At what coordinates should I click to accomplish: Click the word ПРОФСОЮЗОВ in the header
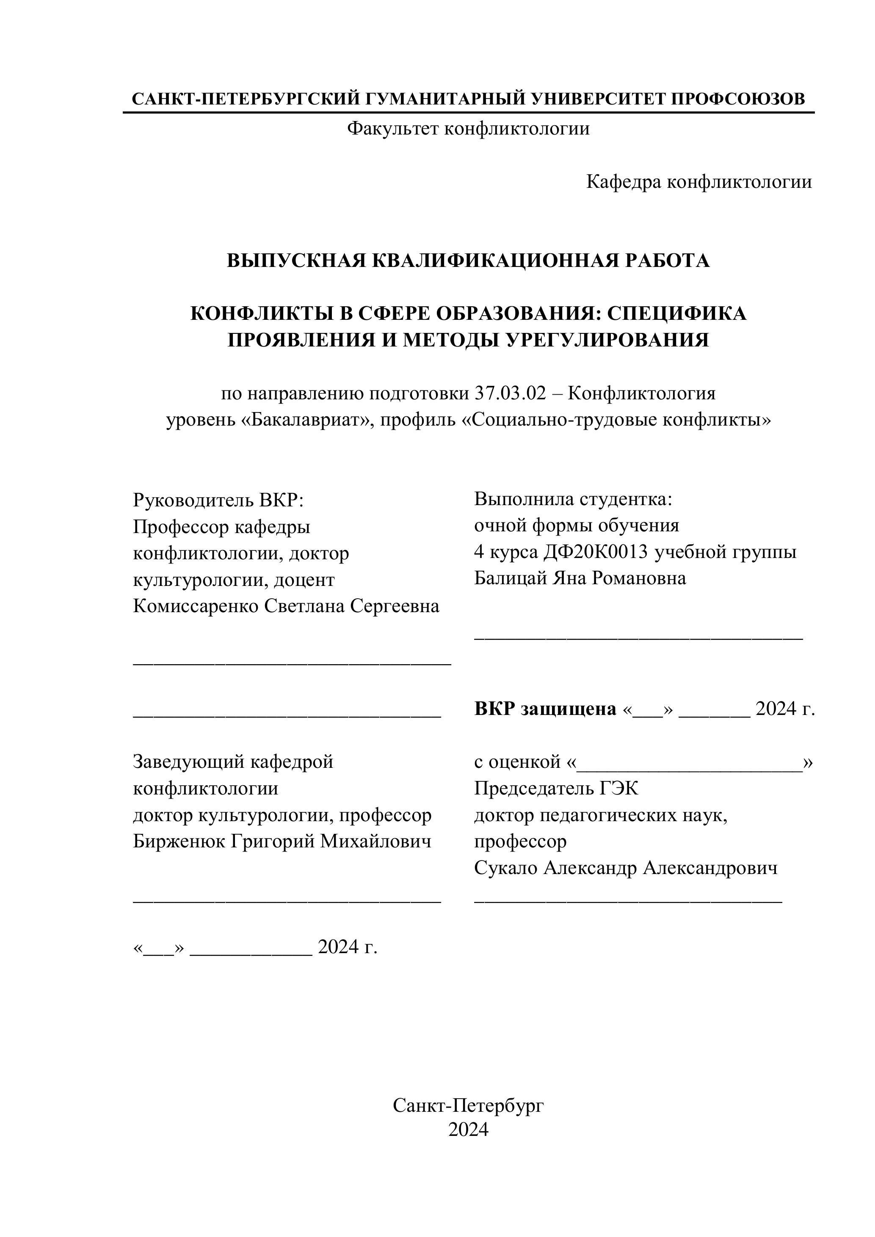pos(738,99)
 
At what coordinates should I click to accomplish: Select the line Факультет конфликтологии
pos(468,129)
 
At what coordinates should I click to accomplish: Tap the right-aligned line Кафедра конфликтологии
pos(699,182)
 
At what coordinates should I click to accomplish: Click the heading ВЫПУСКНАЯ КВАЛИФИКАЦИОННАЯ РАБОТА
pos(468,261)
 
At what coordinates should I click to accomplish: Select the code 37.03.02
pos(511,394)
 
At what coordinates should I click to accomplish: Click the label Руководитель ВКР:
pos(218,500)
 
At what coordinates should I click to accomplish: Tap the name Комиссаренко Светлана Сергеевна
pos(286,606)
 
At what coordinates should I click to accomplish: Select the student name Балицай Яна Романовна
pos(580,579)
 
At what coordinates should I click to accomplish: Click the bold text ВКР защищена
pos(545,709)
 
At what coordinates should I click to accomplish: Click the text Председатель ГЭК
pos(556,789)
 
